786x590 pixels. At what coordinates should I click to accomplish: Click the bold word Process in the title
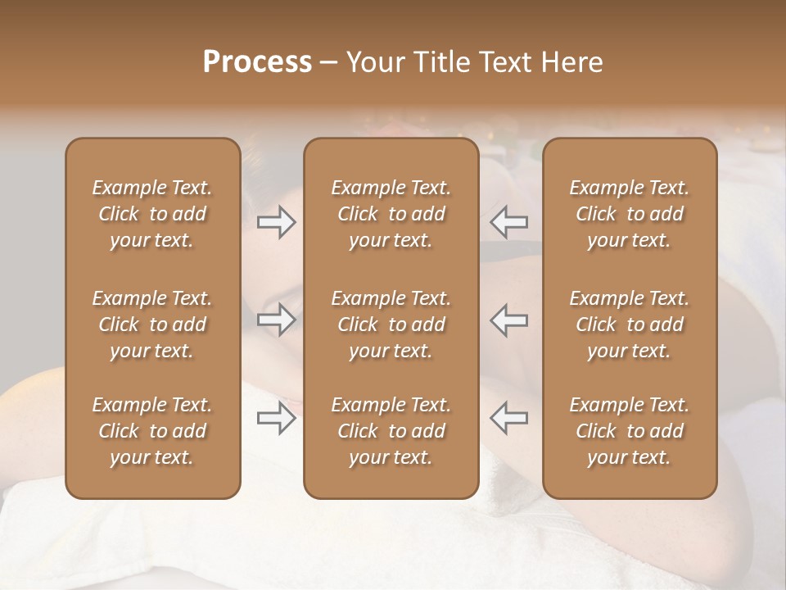tap(257, 62)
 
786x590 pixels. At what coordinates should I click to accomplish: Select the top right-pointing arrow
tap(277, 222)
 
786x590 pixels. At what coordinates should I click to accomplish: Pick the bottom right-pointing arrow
tap(277, 418)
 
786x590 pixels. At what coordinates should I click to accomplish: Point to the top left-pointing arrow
tap(508, 222)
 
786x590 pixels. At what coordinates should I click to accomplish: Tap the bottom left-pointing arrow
tap(508, 418)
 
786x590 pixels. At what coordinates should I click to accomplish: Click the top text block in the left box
tap(152, 214)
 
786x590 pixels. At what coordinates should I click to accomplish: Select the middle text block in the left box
tap(152, 324)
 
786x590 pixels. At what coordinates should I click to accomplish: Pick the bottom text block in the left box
tap(152, 431)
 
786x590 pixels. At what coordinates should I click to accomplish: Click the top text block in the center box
tap(391, 214)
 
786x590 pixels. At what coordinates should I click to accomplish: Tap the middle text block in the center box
tap(391, 324)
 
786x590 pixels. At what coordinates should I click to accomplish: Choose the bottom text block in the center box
tap(391, 431)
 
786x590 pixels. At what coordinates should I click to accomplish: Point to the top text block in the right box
tap(629, 214)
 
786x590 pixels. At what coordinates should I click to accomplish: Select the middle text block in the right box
tap(629, 324)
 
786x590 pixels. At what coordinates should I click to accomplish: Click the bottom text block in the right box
tap(629, 431)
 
